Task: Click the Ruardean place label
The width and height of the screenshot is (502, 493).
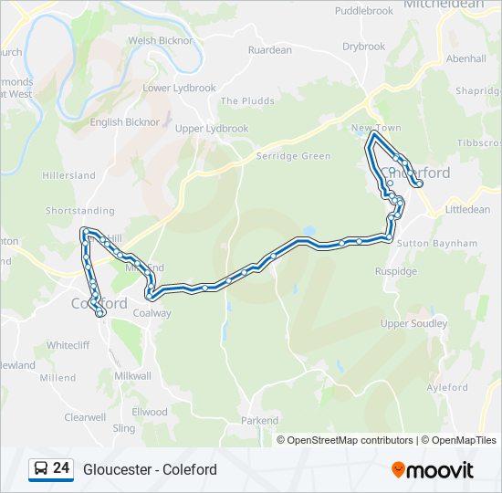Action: tap(269, 50)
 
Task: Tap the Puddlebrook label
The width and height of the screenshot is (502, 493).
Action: tap(363, 11)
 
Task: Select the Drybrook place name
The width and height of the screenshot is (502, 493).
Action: tap(363, 47)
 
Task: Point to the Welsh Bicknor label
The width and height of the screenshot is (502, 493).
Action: tap(161, 41)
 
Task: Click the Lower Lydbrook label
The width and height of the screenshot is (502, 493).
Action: tap(179, 89)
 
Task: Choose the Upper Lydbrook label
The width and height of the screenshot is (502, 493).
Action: tap(212, 130)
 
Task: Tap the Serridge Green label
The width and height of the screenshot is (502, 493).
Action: tap(293, 156)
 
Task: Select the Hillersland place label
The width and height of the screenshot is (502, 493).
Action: tap(68, 175)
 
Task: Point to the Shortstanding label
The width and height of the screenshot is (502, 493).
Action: tap(80, 210)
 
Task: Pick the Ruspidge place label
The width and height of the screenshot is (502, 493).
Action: tap(395, 271)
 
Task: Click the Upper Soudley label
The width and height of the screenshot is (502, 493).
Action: tap(413, 323)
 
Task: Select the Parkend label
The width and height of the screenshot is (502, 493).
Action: tap(259, 421)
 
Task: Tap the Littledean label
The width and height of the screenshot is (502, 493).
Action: tap(467, 210)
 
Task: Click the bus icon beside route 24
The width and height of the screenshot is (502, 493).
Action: tap(40, 469)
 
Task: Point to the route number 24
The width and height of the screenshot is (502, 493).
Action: tap(61, 468)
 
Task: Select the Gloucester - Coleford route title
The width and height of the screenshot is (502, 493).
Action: tap(150, 469)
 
